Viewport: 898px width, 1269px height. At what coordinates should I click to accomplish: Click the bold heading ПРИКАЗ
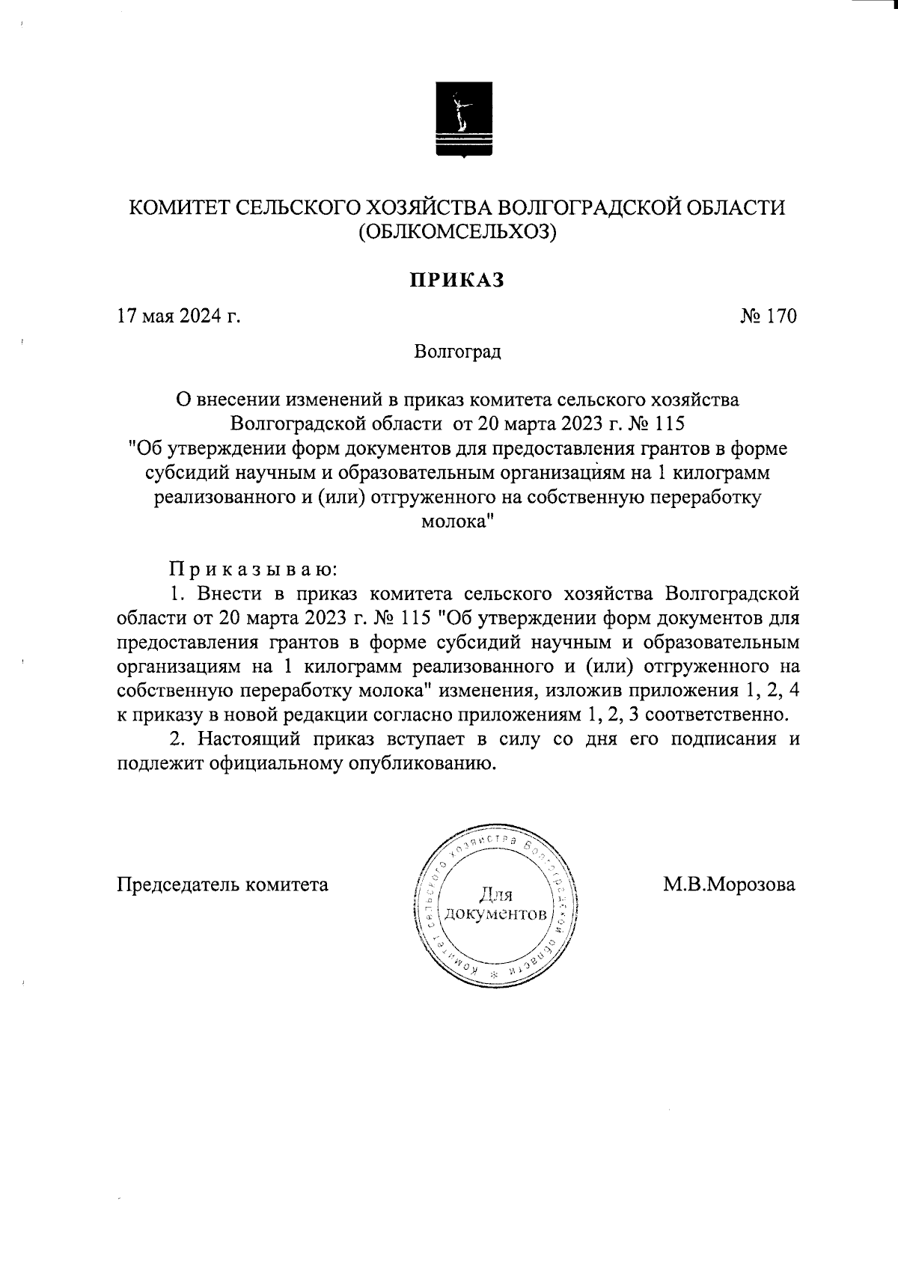pos(456,280)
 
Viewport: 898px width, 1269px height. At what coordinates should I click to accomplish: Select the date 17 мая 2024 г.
pos(178,316)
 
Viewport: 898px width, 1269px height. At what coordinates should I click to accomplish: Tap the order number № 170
pos(769,316)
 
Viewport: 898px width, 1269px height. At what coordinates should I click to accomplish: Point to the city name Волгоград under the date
pos(457,351)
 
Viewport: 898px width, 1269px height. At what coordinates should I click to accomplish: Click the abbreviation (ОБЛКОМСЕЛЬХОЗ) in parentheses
pos(457,233)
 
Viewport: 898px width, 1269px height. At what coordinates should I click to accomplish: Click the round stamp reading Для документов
pos(495,905)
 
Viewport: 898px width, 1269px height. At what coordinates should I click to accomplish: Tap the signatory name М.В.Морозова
pos(729,884)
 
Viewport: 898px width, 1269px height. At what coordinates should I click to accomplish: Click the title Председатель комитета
pos(223,884)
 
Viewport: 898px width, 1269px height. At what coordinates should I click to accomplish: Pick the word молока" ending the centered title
pos(457,522)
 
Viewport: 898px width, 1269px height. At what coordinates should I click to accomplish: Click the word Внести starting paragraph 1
pos(232,594)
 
